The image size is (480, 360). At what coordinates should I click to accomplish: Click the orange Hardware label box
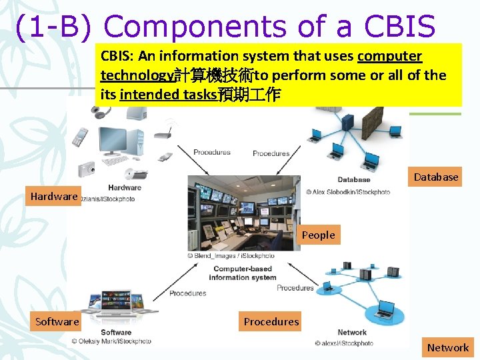coord(54,196)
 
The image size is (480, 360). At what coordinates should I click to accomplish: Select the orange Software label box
coord(57,321)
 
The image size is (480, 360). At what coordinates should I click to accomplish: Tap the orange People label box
coord(318,235)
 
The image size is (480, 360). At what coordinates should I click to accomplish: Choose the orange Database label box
coord(436,177)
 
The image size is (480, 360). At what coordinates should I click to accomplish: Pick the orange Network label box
coord(448,347)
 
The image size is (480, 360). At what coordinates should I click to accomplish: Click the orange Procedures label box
coord(271,321)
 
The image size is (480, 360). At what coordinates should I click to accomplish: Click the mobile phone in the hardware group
coord(80,137)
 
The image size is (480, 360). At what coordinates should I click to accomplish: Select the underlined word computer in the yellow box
coord(389,56)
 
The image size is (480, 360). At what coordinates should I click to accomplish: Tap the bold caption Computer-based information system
coord(242,273)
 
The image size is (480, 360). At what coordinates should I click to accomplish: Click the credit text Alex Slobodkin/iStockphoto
coord(348,192)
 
